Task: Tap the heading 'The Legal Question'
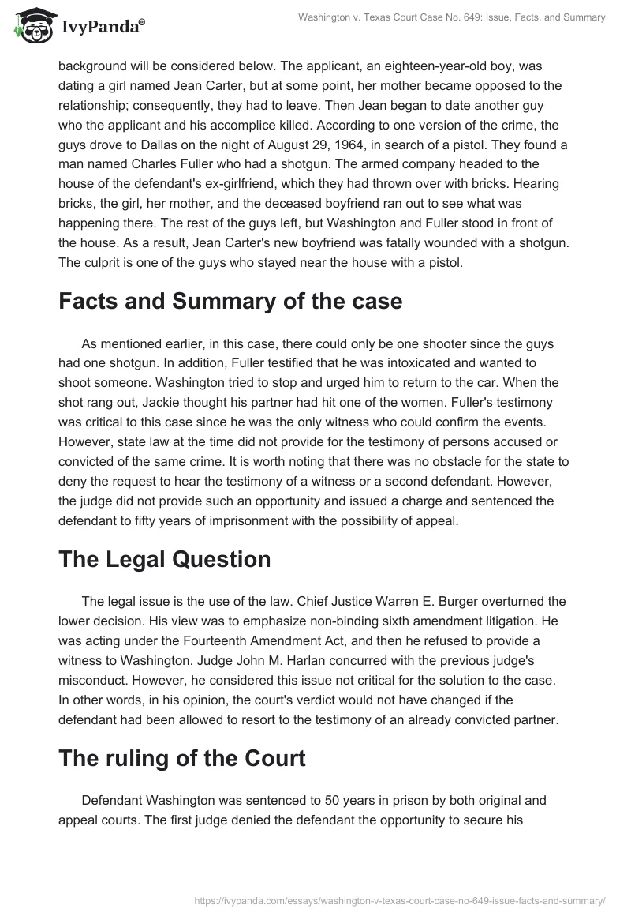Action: [x=164, y=559]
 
